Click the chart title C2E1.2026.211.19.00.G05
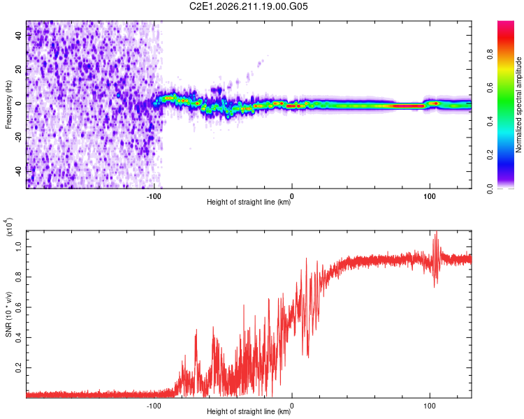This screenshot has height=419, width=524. [248, 6]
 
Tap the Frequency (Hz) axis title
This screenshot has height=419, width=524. [8, 105]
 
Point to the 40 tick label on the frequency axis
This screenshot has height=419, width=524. [18, 35]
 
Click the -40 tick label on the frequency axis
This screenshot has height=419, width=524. [18, 172]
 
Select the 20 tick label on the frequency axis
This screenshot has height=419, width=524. [18, 69]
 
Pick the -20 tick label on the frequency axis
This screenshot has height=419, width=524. [18, 138]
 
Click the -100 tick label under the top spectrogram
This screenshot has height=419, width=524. [154, 196]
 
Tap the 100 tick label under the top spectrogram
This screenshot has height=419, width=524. [430, 196]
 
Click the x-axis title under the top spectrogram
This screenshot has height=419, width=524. [249, 202]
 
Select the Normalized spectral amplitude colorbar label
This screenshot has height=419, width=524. [518, 105]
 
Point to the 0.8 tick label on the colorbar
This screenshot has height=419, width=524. [490, 54]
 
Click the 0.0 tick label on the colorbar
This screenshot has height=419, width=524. [490, 189]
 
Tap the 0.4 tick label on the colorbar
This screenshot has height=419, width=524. [490, 122]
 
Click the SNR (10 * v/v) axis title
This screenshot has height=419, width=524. [8, 314]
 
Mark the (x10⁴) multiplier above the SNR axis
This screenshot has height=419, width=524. [9, 227]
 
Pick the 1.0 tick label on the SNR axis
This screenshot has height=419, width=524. [18, 247]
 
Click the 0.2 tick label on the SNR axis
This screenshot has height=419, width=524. [18, 368]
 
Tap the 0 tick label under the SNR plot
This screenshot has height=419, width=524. [292, 406]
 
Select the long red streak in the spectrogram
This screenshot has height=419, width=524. [409, 106]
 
